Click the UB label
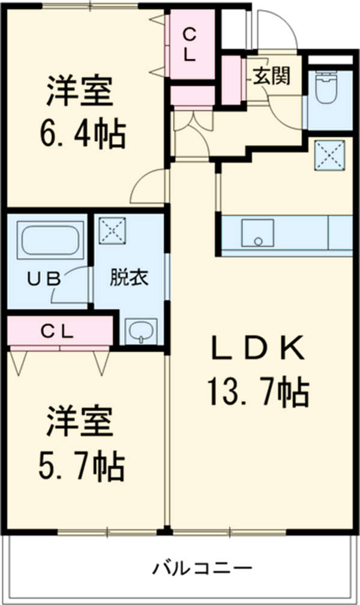click(45, 278)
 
